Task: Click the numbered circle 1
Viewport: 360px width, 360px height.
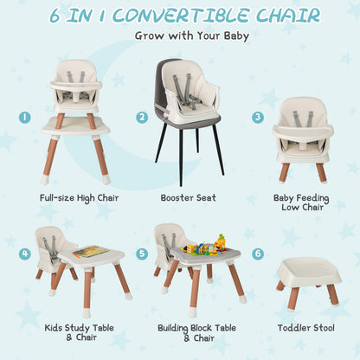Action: tap(26, 116)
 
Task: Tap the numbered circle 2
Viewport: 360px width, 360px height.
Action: tap(142, 117)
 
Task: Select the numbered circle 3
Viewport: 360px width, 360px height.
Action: tap(258, 117)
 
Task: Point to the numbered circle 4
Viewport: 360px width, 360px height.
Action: tap(26, 254)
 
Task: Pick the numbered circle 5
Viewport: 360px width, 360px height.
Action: tap(142, 254)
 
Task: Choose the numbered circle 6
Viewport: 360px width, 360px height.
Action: tap(258, 254)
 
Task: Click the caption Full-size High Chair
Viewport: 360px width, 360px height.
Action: tap(79, 198)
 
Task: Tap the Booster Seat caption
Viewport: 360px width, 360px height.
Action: tap(189, 198)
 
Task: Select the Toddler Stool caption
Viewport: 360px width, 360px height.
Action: tap(307, 329)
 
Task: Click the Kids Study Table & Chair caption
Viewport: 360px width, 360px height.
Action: tap(79, 334)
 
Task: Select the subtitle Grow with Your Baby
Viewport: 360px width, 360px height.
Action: tap(191, 36)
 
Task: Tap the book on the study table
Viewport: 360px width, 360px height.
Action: tap(89, 252)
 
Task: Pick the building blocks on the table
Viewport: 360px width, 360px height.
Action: tap(204, 246)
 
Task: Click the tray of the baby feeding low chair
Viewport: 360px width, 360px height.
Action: tap(303, 132)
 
